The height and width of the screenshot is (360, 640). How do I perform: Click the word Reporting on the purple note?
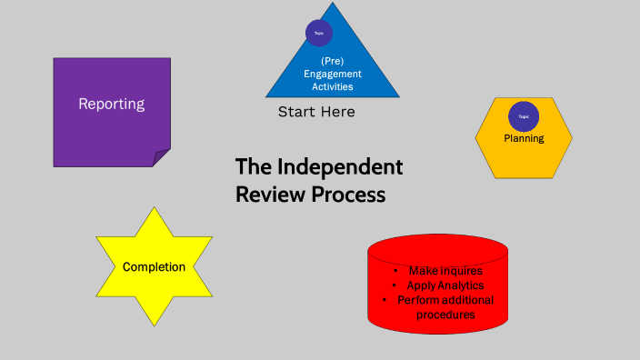[111, 104]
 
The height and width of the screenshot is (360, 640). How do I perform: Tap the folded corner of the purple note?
[161, 158]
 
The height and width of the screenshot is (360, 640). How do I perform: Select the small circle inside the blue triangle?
[318, 33]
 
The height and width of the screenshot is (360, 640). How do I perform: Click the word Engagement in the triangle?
[332, 74]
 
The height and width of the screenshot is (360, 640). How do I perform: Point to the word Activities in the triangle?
[332, 86]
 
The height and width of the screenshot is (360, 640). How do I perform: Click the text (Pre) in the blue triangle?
[332, 61]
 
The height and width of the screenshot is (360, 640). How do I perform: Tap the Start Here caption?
[316, 112]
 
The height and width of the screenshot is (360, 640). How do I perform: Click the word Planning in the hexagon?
[524, 138]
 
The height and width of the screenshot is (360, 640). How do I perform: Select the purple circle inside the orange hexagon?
[524, 116]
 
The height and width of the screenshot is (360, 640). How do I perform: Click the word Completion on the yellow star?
[154, 267]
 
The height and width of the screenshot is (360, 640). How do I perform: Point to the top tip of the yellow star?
[154, 208]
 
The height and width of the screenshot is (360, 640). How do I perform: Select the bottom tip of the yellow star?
[154, 325]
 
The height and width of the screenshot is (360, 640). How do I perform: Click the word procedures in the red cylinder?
[445, 315]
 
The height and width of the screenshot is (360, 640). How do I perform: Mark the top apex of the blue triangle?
[333, 4]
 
